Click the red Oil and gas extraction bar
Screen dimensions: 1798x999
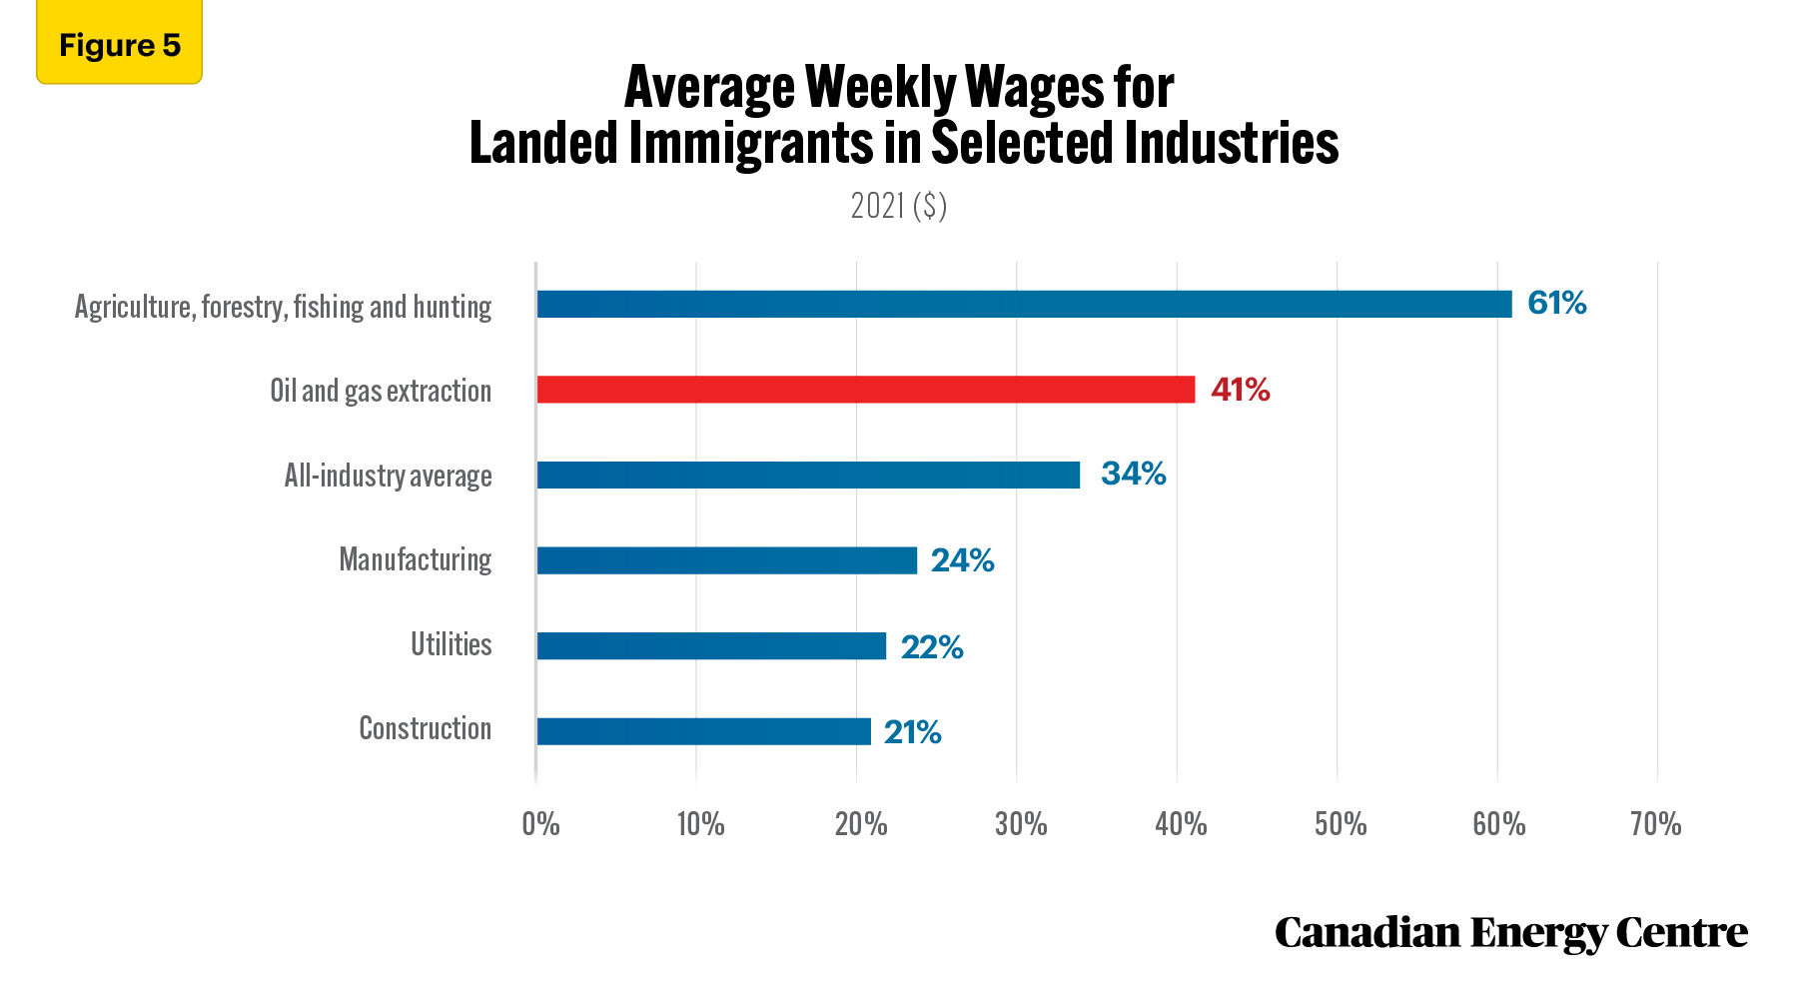866,390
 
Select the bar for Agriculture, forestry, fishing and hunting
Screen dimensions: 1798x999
1025,304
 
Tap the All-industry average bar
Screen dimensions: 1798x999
809,475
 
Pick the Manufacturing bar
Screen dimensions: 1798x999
727,560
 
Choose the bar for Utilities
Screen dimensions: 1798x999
711,645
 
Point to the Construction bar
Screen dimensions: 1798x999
704,731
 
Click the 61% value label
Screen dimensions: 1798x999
1557,303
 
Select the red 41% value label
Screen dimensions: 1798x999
1241,390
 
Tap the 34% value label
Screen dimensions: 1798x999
1134,474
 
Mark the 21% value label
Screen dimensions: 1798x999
913,732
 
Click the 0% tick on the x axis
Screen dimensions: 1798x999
540,824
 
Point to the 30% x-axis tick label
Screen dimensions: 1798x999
1021,824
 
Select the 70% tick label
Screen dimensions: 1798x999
1656,824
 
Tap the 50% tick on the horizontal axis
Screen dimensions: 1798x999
1341,824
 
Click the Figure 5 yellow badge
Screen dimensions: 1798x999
120,42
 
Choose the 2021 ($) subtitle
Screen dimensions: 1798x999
899,206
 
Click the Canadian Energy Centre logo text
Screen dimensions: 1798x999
1511,933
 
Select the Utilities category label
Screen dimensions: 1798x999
451,644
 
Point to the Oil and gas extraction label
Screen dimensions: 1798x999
381,391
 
